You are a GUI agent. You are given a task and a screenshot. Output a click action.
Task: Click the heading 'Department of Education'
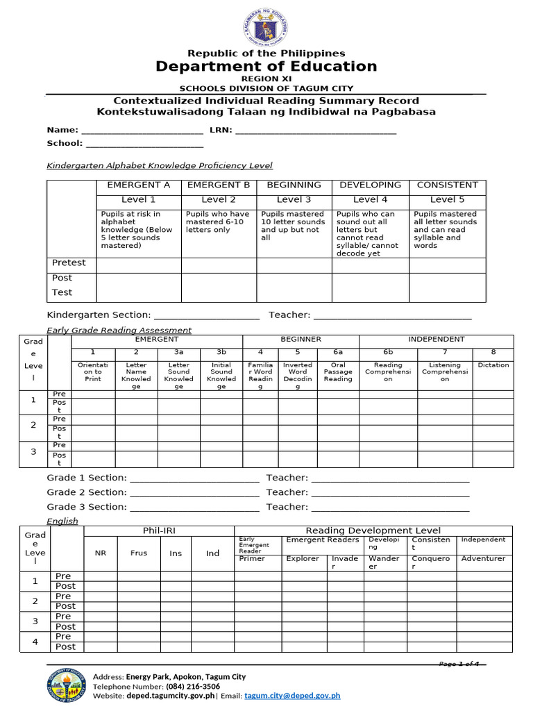tap(266, 67)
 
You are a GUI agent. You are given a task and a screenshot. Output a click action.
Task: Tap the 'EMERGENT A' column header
tap(138, 185)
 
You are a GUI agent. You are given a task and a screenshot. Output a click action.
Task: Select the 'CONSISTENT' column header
tap(447, 185)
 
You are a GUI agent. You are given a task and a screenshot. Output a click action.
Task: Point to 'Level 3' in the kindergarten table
tap(294, 200)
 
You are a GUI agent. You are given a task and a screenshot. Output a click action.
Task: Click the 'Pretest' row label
tap(69, 263)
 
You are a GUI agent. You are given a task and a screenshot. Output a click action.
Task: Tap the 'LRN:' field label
tap(220, 130)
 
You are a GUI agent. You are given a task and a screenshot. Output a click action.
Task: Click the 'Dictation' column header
tap(493, 365)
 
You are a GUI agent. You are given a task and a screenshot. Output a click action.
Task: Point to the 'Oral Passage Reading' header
tap(338, 372)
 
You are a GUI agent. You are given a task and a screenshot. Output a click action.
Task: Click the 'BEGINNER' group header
tap(301, 340)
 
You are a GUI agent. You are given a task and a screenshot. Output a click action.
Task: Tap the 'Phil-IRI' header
tap(158, 531)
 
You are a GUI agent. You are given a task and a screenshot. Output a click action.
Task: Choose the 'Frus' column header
tap(139, 553)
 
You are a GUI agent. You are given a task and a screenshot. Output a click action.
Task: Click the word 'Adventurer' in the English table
tap(483, 559)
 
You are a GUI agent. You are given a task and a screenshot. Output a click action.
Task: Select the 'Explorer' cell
tap(303, 559)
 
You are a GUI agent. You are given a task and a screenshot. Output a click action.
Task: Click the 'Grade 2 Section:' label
tap(87, 492)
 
